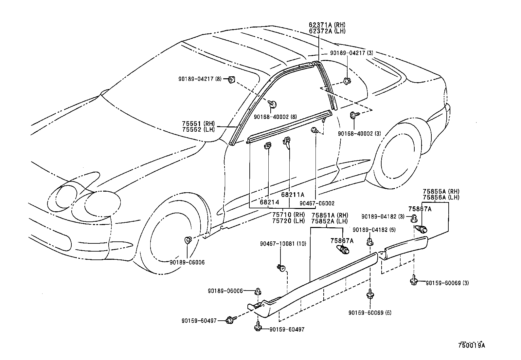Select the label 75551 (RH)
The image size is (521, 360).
click(x=198, y=123)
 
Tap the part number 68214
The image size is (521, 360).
click(x=269, y=202)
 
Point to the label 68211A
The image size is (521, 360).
click(x=293, y=195)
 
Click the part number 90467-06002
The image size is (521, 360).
click(x=317, y=203)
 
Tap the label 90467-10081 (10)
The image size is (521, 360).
click(x=283, y=244)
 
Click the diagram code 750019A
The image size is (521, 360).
click(x=471, y=345)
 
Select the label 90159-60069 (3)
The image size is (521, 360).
click(x=447, y=283)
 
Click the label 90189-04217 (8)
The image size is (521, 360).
click(x=200, y=79)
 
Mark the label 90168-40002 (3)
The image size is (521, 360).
click(x=359, y=134)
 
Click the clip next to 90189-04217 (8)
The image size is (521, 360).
click(x=231, y=79)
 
